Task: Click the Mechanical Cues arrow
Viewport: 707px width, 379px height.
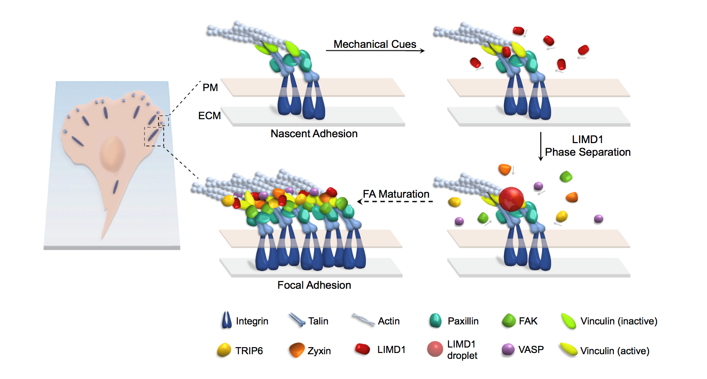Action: [375, 51]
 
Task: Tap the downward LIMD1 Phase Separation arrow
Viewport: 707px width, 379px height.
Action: [541, 146]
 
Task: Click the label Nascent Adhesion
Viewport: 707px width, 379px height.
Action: [314, 134]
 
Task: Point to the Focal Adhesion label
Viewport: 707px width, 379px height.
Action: [314, 285]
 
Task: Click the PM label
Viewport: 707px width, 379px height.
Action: [210, 88]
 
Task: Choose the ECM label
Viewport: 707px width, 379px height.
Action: [209, 116]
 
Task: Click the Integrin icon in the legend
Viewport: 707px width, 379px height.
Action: [226, 320]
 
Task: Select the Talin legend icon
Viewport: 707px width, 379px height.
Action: [297, 320]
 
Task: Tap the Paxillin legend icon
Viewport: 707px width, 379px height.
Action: [435, 321]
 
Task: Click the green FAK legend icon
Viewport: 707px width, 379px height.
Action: [509, 321]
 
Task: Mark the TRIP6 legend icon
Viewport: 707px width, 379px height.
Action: [224, 350]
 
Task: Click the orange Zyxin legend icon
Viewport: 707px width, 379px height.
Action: [297, 350]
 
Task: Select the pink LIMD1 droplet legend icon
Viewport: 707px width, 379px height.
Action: [435, 349]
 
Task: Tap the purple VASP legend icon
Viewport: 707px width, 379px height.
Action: [508, 349]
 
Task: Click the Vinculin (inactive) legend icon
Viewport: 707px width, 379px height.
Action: [568, 321]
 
